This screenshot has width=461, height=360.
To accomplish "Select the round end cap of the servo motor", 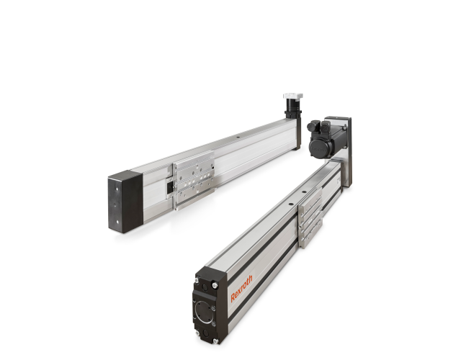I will (x=318, y=147).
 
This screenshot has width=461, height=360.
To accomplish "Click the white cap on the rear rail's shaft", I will (x=292, y=96).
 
